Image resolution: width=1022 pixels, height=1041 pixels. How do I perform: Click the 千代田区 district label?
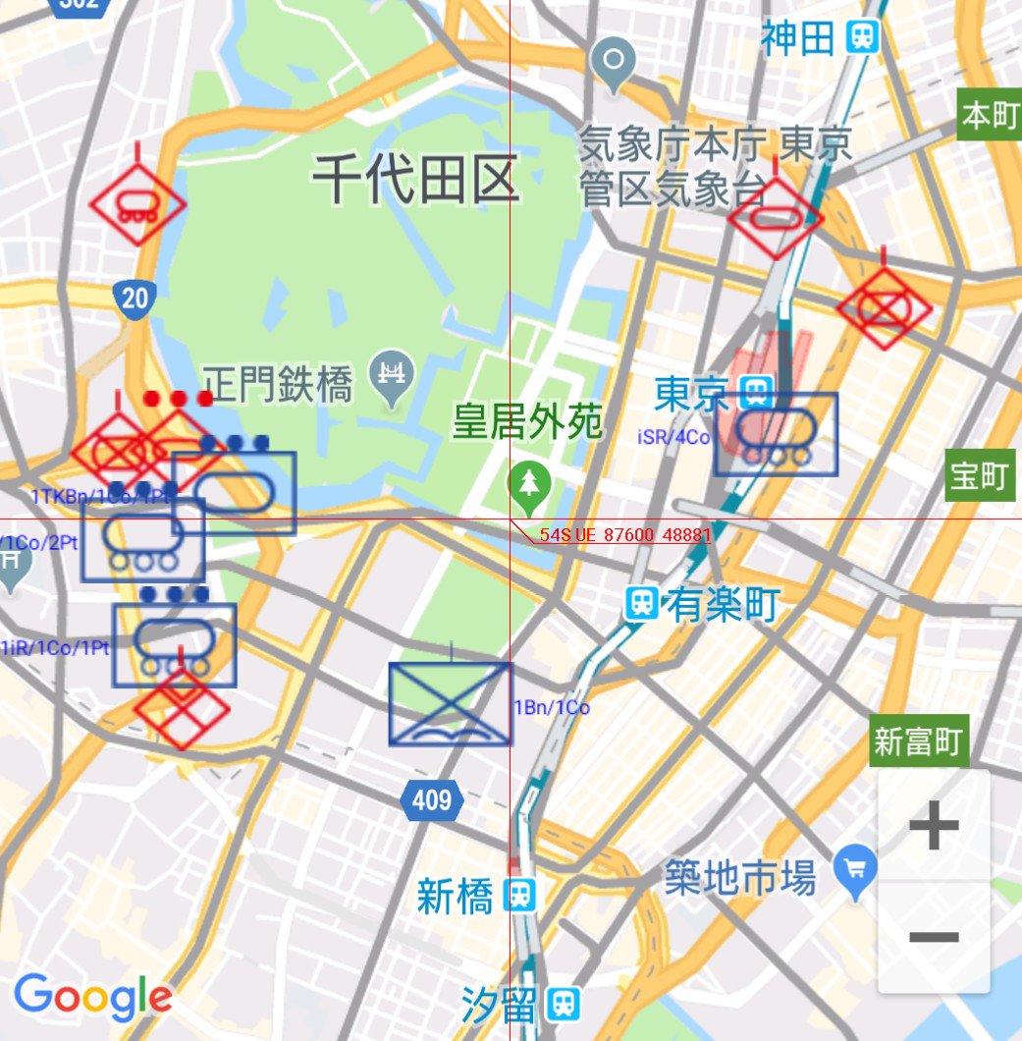point(415,180)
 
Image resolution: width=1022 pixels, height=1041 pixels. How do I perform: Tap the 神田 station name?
point(797,38)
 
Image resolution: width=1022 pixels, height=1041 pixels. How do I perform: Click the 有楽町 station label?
point(723,604)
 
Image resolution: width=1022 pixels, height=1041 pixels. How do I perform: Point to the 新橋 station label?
point(454,896)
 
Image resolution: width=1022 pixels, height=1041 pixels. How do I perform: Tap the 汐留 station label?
point(499,1004)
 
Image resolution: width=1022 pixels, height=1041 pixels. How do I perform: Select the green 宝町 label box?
point(979,476)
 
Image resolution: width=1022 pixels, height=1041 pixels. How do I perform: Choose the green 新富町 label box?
point(919,741)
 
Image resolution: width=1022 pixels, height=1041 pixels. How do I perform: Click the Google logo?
point(93,998)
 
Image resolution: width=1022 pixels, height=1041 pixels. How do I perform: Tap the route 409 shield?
point(432,800)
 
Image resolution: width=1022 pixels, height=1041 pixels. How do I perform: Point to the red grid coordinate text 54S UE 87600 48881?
point(624,536)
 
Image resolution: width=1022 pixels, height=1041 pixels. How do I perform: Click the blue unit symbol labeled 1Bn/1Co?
point(450,703)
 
